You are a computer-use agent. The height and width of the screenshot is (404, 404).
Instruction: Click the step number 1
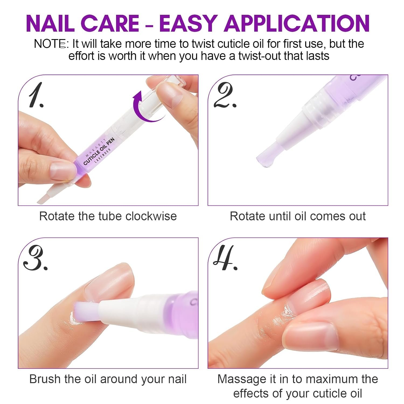point(36,95)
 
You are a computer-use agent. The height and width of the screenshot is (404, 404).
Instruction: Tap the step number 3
point(35,259)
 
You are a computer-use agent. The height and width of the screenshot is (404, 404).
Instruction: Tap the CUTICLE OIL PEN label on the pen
point(99,152)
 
